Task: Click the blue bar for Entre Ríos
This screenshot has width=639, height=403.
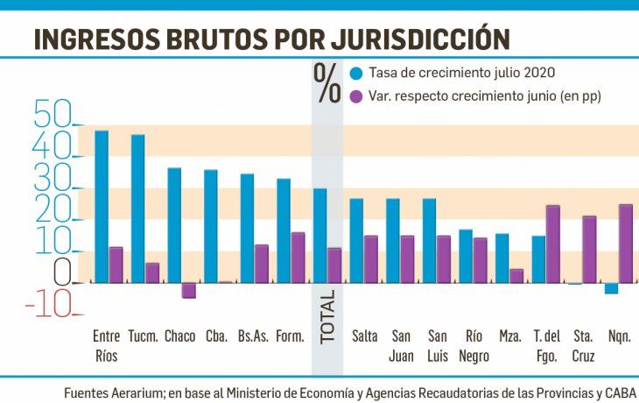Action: (x=102, y=207)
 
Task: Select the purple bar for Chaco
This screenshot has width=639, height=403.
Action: (x=189, y=290)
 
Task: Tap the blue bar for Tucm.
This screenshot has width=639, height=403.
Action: (x=137, y=209)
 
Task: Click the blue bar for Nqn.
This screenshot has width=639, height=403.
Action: (x=611, y=288)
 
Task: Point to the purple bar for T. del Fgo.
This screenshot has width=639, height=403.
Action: (x=552, y=244)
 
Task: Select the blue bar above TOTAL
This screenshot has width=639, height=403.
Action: (x=320, y=236)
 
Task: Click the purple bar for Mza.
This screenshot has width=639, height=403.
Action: (x=516, y=276)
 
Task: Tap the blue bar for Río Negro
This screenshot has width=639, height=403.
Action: (x=466, y=257)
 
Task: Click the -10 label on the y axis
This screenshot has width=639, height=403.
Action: (x=53, y=304)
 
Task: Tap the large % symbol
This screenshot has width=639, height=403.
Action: (x=328, y=84)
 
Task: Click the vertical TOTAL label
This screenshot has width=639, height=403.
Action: (x=327, y=319)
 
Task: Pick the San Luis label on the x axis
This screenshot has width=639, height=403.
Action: (x=438, y=346)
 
